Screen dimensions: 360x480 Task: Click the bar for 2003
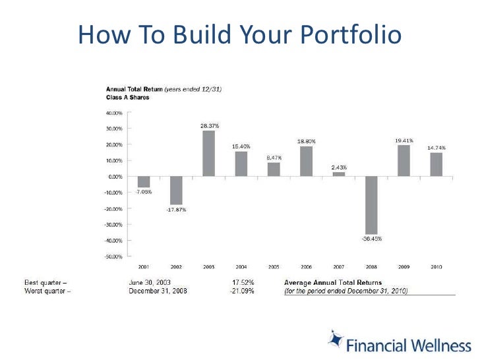(x=208, y=153)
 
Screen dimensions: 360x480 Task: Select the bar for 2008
(x=371, y=205)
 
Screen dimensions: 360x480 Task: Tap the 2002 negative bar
(x=176, y=190)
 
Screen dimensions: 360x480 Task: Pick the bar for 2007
(x=338, y=173)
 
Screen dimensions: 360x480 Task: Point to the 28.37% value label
(x=209, y=125)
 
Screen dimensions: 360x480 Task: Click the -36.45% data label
(x=371, y=239)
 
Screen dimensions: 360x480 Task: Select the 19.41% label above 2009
(x=404, y=140)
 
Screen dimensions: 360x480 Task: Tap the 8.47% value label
(x=274, y=158)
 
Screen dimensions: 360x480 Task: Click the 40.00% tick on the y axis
(x=115, y=113)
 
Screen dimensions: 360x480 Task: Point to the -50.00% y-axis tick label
(x=114, y=256)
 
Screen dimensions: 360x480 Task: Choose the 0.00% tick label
(x=116, y=177)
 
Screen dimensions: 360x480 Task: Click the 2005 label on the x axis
(x=274, y=267)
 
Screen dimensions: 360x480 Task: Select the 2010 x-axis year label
(x=436, y=267)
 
